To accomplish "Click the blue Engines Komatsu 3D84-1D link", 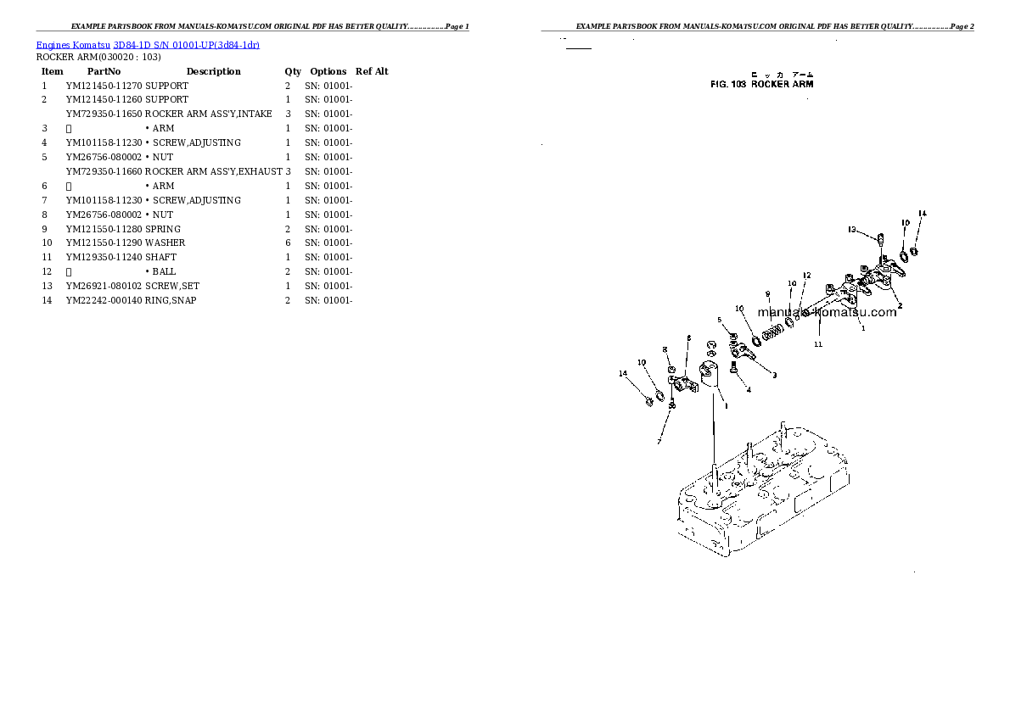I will click(148, 43).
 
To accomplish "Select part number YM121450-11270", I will click(104, 86).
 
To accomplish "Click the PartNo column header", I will click(104, 71).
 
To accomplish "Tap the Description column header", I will click(213, 71).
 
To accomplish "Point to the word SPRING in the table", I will click(162, 229).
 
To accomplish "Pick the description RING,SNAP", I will click(170, 300).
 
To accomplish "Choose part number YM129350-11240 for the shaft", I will click(104, 257).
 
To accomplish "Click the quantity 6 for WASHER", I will click(288, 243).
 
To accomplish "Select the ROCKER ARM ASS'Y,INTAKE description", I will click(208, 114).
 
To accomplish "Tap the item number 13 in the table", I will click(46, 286).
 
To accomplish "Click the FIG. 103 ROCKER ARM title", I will click(761, 84).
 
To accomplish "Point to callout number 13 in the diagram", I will click(851, 229).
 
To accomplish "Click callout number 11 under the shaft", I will click(818, 344).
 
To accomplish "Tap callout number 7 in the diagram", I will click(659, 442).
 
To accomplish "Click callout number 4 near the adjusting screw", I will click(748, 390).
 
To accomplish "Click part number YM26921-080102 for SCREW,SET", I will click(104, 286).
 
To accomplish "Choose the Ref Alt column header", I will click(371, 71).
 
